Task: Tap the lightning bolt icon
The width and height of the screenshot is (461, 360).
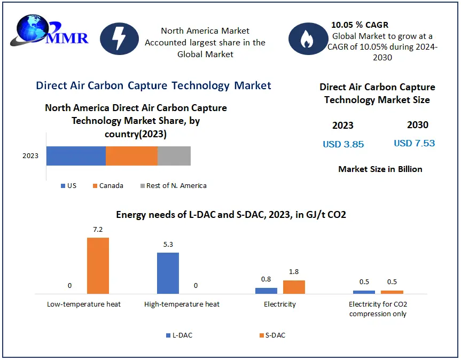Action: pyautogui.click(x=119, y=39)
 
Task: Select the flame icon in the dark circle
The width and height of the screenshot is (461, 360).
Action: pyautogui.click(x=308, y=39)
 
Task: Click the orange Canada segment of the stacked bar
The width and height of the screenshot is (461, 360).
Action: pyautogui.click(x=131, y=155)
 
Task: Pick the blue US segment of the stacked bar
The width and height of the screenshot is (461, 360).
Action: pyautogui.click(x=76, y=155)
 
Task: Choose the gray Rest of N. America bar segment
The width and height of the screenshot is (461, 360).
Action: pyautogui.click(x=174, y=155)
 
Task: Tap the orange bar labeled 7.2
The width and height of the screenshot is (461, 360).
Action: pyautogui.click(x=98, y=265)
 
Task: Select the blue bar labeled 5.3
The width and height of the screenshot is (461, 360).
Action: pyautogui.click(x=168, y=273)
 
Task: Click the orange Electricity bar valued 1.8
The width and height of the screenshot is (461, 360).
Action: pyautogui.click(x=294, y=287)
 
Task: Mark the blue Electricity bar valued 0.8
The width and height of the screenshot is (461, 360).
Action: pyautogui.click(x=266, y=291)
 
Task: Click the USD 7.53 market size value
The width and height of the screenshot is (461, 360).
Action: pyautogui.click(x=414, y=143)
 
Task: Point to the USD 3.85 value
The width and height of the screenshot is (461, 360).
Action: pyautogui.click(x=343, y=144)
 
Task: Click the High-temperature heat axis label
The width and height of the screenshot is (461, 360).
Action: pyautogui.click(x=182, y=304)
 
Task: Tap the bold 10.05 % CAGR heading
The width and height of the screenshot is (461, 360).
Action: pyautogui.click(x=360, y=25)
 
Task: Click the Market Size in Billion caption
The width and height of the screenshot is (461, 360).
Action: pyautogui.click(x=380, y=169)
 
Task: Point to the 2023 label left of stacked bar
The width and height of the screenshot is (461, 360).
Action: pyautogui.click(x=30, y=156)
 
